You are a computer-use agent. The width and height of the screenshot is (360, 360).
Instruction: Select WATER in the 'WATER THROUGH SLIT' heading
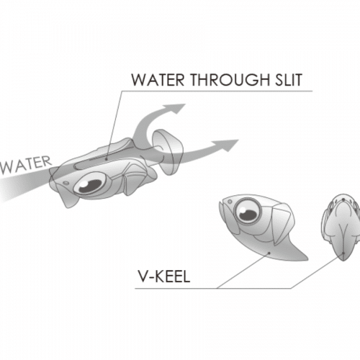click(158, 79)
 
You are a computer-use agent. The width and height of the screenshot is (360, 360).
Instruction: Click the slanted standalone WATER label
click(26, 165)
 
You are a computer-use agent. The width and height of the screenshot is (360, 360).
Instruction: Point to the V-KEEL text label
click(164, 276)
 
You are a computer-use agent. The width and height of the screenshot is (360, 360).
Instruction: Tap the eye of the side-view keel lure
click(248, 210)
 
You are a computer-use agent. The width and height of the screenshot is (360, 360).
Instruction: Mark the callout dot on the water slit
click(106, 158)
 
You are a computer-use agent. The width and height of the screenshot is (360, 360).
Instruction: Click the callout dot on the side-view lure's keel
click(270, 253)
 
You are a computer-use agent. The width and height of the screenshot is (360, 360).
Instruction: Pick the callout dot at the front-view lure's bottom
click(343, 253)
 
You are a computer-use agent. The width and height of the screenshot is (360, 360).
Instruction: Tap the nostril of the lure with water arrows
click(66, 184)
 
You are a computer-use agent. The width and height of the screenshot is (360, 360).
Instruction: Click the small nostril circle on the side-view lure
click(230, 201)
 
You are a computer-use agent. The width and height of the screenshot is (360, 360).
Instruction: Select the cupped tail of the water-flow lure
click(168, 152)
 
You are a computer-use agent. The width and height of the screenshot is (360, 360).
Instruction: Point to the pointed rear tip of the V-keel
click(307, 258)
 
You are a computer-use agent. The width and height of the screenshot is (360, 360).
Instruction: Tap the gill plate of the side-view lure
click(282, 225)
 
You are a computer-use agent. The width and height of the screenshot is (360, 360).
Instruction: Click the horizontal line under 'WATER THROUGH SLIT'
click(217, 91)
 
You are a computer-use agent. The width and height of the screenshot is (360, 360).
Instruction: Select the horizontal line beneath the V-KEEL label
click(213, 288)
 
